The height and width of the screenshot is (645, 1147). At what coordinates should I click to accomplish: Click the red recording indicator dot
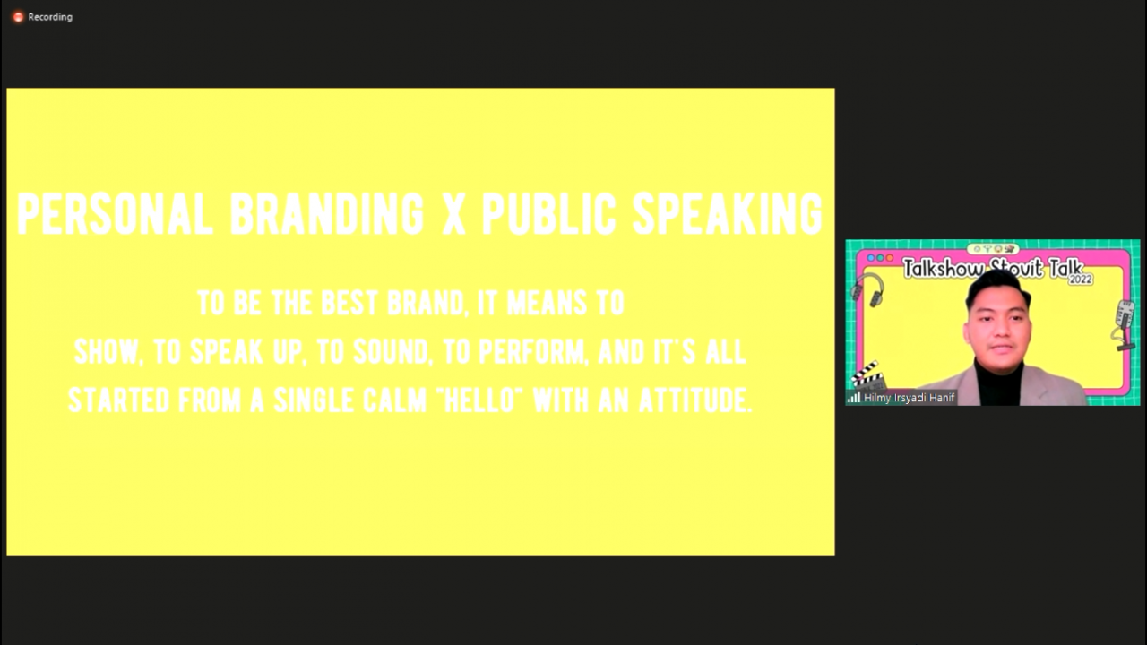point(18,17)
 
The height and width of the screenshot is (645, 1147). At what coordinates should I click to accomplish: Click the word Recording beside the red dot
point(50,17)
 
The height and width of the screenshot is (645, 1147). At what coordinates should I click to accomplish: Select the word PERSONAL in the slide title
point(115,213)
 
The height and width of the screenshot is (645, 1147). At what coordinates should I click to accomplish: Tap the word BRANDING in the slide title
point(327,213)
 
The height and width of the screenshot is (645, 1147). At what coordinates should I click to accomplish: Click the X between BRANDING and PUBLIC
point(453,213)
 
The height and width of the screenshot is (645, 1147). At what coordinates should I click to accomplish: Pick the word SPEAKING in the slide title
point(728,213)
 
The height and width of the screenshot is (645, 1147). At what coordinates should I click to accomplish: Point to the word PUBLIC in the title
point(549,213)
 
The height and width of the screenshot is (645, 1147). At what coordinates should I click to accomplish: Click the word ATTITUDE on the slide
point(695,400)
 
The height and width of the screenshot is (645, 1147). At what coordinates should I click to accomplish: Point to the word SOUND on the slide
point(391,352)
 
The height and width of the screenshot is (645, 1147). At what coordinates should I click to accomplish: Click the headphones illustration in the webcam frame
point(868,289)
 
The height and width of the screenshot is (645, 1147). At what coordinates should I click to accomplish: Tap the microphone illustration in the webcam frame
point(1124,325)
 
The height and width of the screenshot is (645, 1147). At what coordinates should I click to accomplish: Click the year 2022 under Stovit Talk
point(1081,279)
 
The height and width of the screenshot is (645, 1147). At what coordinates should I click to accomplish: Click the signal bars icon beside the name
point(853,398)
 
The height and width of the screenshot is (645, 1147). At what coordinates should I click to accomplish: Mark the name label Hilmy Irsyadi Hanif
point(909,398)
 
